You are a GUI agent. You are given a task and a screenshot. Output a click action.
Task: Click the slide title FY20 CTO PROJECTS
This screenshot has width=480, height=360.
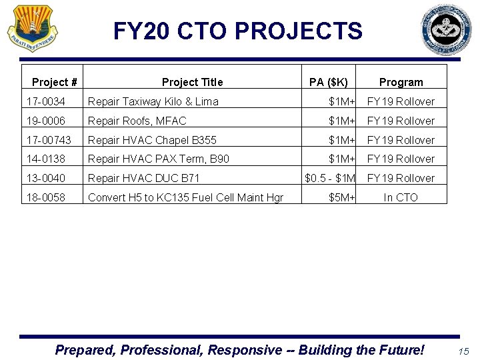[x=238, y=31]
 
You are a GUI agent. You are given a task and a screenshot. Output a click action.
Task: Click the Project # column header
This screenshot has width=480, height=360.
[x=55, y=83]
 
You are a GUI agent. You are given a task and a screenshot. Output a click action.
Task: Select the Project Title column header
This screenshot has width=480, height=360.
[x=192, y=83]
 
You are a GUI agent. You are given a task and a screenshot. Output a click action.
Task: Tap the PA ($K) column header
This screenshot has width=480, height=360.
[x=329, y=83]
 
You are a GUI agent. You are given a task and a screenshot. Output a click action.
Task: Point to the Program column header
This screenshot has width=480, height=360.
[x=401, y=83]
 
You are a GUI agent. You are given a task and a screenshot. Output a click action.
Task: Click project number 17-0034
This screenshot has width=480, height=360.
[x=46, y=102]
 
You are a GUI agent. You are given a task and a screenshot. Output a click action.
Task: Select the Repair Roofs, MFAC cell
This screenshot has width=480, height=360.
[x=137, y=121]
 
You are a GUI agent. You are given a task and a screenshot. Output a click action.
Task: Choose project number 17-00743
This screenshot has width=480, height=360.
[x=49, y=141]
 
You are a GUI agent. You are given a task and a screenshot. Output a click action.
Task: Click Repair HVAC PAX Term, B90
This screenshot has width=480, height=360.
[x=159, y=159]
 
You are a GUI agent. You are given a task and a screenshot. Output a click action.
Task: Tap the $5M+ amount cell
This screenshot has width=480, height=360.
[x=343, y=198]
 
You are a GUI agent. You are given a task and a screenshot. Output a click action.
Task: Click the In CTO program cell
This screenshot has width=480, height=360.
[x=401, y=198]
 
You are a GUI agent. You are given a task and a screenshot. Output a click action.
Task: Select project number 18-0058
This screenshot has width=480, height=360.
[x=46, y=198]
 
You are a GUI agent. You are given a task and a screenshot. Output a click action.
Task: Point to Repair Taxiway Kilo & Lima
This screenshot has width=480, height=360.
[x=153, y=102]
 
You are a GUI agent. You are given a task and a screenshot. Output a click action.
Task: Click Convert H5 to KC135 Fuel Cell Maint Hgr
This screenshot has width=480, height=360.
[x=186, y=198]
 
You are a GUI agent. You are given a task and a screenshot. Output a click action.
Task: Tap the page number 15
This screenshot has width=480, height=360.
[x=464, y=351]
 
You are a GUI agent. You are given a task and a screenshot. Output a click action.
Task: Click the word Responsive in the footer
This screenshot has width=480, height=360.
[x=247, y=350]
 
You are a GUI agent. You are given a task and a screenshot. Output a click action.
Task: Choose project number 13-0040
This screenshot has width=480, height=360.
[x=46, y=179]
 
